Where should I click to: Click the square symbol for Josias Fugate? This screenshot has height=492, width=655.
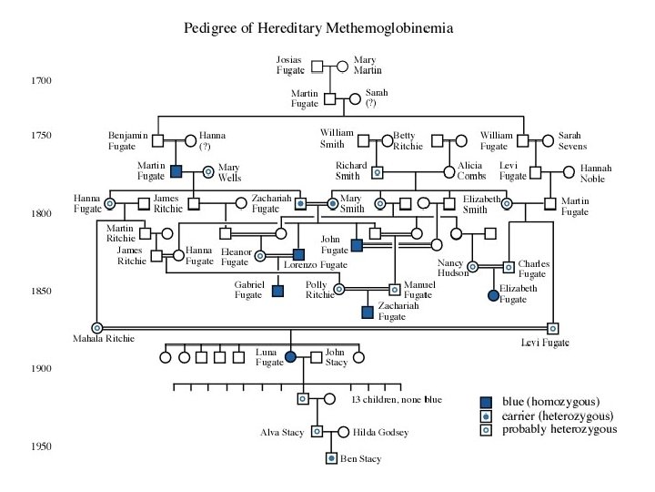(x=317, y=66)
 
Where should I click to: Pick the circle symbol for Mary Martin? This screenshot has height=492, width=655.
(x=343, y=66)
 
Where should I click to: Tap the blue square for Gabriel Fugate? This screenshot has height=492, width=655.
(x=277, y=291)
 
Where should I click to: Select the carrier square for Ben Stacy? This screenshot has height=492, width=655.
(x=331, y=457)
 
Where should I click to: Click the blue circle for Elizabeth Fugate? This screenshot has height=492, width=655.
(x=493, y=295)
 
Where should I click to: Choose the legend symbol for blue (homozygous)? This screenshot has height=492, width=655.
(x=489, y=402)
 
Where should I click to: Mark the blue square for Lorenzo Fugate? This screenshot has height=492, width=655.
(x=297, y=254)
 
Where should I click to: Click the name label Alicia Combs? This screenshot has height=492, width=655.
(x=472, y=170)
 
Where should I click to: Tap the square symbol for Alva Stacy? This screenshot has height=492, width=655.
(x=317, y=432)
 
